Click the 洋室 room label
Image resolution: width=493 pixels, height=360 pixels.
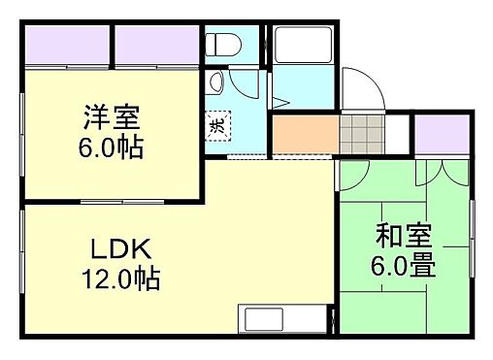[112, 121]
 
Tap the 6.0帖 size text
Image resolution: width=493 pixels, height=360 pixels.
[112, 148]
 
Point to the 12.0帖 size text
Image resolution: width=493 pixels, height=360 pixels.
[119, 280]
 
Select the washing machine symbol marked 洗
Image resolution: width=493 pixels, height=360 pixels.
[218, 124]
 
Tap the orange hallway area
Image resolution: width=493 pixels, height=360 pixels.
[305, 134]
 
